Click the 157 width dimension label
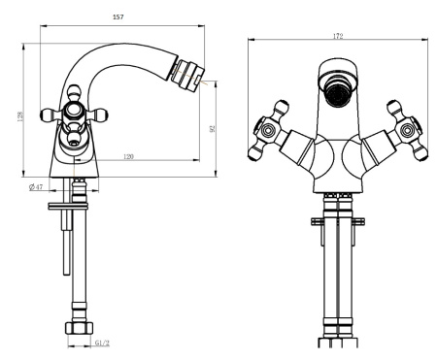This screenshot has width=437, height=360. pyautogui.click(x=118, y=17)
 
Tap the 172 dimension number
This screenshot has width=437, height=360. pyautogui.click(x=338, y=36)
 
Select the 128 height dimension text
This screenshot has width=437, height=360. pyautogui.click(x=20, y=116)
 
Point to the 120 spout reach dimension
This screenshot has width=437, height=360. pyautogui.click(x=128, y=157)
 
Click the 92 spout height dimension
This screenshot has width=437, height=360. pyautogui.click(x=213, y=129)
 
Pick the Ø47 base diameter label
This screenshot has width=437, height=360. pyautogui.click(x=36, y=187)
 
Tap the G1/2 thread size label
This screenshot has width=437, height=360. pyautogui.click(x=102, y=343)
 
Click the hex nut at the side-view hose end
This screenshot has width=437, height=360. pyautogui.click(x=79, y=328)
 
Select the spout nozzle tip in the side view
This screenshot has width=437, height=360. pyautogui.click(x=187, y=74)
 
